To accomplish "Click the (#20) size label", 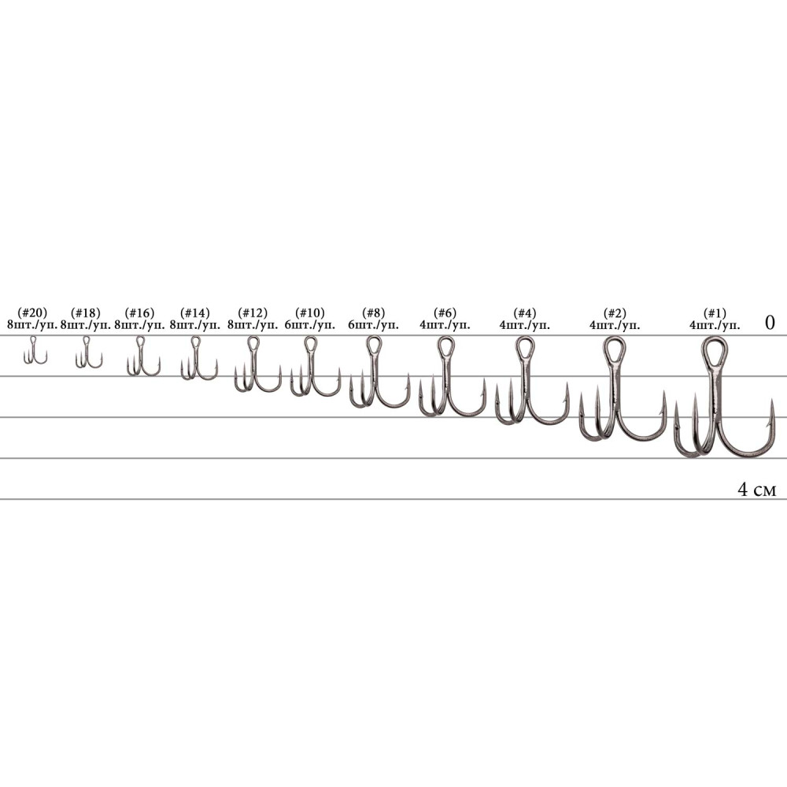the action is tap(32, 313).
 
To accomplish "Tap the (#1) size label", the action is tap(715, 313).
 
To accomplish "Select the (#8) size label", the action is tap(373, 313).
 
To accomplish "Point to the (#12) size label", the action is tap(253, 313).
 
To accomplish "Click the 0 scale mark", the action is tap(770, 322).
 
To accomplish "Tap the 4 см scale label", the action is tap(757, 490).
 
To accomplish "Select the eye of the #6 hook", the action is tap(445, 346).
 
